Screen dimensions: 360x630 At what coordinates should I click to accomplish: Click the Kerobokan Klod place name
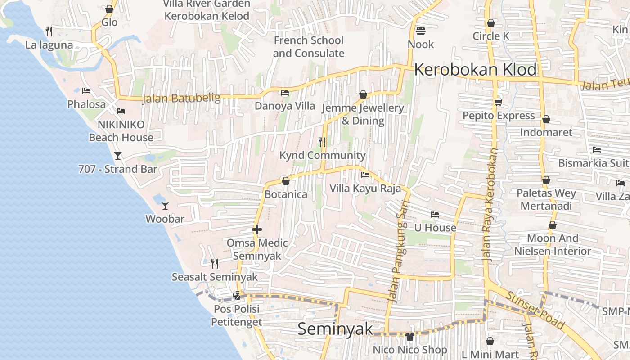point(475,70)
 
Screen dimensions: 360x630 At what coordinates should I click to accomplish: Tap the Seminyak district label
point(335,329)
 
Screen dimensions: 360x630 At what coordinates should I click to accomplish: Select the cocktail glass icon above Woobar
point(165,205)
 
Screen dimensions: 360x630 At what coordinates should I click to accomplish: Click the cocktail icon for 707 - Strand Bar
point(118,156)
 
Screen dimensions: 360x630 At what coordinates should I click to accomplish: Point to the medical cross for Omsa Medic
point(257,229)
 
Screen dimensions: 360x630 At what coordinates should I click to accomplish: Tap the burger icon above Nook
point(421,31)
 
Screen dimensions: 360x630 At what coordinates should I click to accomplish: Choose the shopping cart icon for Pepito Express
point(498,103)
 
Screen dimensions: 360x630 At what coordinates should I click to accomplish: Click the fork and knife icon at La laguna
point(49,31)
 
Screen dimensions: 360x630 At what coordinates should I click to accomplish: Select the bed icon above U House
point(435,214)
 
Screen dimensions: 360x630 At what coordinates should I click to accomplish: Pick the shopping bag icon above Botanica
point(285,181)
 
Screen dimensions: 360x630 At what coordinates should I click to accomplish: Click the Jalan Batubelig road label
point(181,98)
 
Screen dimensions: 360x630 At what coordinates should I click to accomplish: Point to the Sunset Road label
point(535,309)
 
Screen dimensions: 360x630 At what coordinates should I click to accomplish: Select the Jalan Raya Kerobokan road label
point(490,205)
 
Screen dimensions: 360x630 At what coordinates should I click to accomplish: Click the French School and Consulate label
point(309,47)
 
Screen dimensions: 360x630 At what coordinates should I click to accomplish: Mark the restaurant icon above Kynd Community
point(322,142)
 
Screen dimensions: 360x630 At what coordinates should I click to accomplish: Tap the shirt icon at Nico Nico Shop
point(409,336)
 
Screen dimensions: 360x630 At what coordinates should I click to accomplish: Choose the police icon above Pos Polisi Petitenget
point(236,296)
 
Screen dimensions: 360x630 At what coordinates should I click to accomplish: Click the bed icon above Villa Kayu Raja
point(365,175)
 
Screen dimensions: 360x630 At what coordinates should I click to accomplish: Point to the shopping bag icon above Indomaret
point(546,119)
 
